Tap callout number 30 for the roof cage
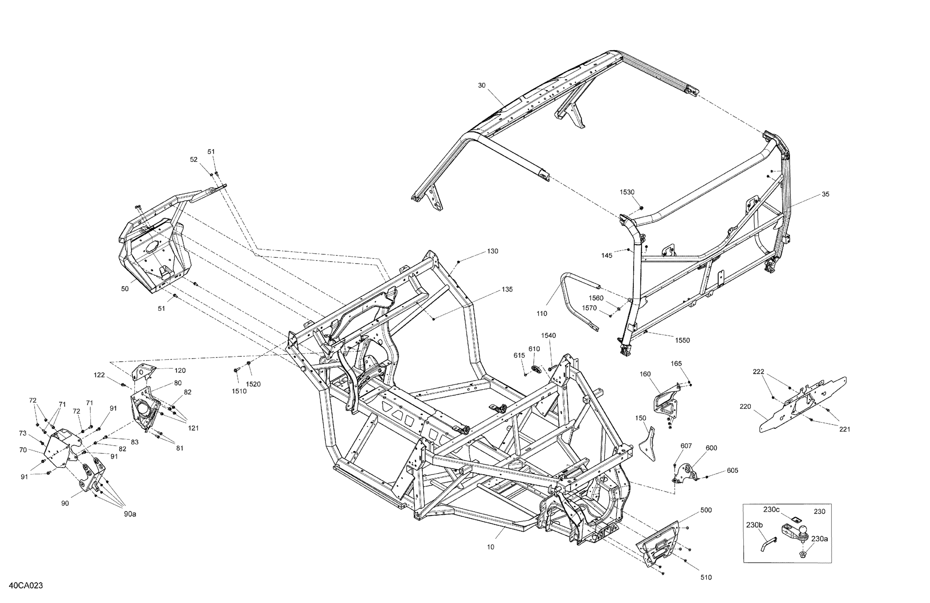[482, 85]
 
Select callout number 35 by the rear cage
[825, 194]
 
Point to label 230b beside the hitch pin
[754, 525]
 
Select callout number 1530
[627, 192]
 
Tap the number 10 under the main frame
[490, 547]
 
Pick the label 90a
[130, 514]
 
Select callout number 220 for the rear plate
[745, 406]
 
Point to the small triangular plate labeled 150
[649, 446]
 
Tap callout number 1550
[682, 340]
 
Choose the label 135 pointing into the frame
[507, 290]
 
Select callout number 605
[732, 471]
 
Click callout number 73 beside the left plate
[23, 433]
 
